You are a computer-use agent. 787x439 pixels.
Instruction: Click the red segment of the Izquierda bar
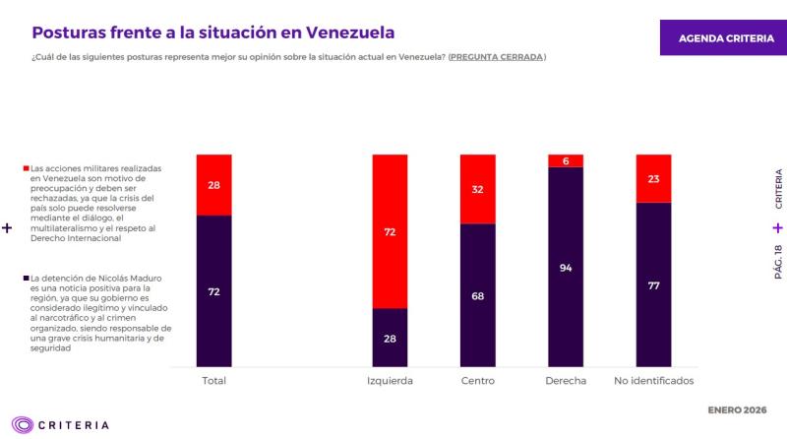tap(390, 231)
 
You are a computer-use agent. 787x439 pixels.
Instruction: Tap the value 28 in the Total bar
tap(213, 185)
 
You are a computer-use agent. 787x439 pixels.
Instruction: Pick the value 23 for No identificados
tap(653, 179)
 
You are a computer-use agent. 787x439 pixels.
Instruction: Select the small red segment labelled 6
tap(566, 160)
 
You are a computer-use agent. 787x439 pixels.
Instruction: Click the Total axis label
tap(213, 380)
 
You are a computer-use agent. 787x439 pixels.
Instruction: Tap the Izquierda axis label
tap(390, 380)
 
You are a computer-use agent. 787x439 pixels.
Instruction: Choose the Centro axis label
tap(478, 380)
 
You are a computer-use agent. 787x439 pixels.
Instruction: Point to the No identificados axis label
tap(653, 380)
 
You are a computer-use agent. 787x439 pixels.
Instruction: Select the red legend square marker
tap(26, 169)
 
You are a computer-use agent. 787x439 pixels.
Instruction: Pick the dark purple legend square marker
tap(26, 279)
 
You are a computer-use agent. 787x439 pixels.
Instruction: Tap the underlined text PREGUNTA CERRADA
tap(497, 57)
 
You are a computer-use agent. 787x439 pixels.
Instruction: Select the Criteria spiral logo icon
tap(20, 425)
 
